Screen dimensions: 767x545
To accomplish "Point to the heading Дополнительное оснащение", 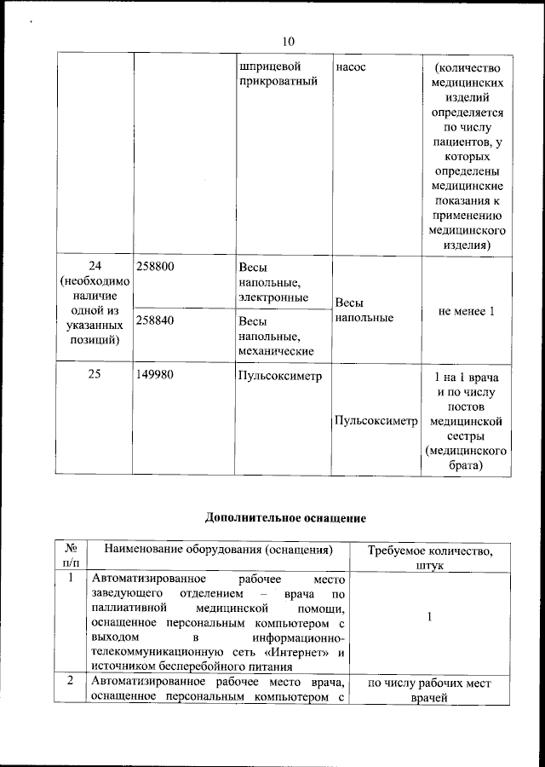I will click(x=285, y=517).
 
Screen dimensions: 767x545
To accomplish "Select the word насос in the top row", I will click(x=351, y=66).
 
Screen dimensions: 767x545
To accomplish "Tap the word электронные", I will click(x=273, y=297).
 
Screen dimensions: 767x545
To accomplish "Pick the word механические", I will click(x=277, y=350).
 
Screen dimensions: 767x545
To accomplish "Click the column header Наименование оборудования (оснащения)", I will click(x=218, y=550).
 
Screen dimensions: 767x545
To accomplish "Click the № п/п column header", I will click(x=72, y=557).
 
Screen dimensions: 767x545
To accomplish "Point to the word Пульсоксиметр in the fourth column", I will click(x=376, y=421).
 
